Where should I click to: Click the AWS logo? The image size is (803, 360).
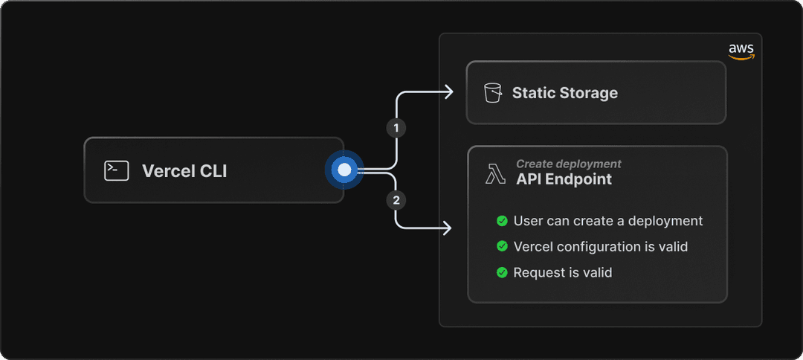coord(741,51)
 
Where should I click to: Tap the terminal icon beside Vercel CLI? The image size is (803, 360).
coord(116,170)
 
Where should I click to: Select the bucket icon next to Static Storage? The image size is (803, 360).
coord(493,93)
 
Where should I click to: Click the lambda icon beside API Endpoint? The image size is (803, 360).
coord(494,174)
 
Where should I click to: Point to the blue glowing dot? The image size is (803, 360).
coord(345,170)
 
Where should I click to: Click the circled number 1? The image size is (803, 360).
coord(396,128)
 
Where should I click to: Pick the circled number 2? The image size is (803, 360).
coord(396,201)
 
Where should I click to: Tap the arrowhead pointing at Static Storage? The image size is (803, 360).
coord(449,92)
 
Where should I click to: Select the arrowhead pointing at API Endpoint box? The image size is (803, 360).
coord(447,228)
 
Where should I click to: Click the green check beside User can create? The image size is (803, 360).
coord(502,221)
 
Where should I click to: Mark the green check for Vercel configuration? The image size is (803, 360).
coord(502,246)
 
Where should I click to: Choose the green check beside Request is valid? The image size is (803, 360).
coord(502,272)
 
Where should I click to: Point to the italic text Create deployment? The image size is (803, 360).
coord(569,164)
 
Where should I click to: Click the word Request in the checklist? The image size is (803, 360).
coord(537,273)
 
